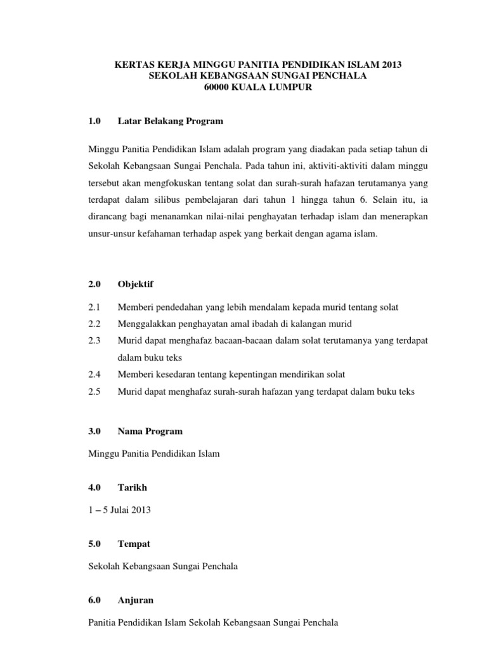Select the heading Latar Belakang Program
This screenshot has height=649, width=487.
point(171,120)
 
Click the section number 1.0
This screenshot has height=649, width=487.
point(96,120)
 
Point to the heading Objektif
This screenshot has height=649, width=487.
point(135,285)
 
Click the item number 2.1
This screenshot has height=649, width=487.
point(96,307)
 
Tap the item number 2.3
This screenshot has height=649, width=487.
point(96,341)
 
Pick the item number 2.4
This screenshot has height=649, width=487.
point(96,375)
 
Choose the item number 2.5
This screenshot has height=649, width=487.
point(96,392)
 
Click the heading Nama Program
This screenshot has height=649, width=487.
point(150,431)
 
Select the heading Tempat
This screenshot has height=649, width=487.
point(134,544)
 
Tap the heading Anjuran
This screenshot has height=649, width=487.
point(136,600)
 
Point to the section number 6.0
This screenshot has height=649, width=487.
point(96,600)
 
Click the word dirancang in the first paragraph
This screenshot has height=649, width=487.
point(108,217)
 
